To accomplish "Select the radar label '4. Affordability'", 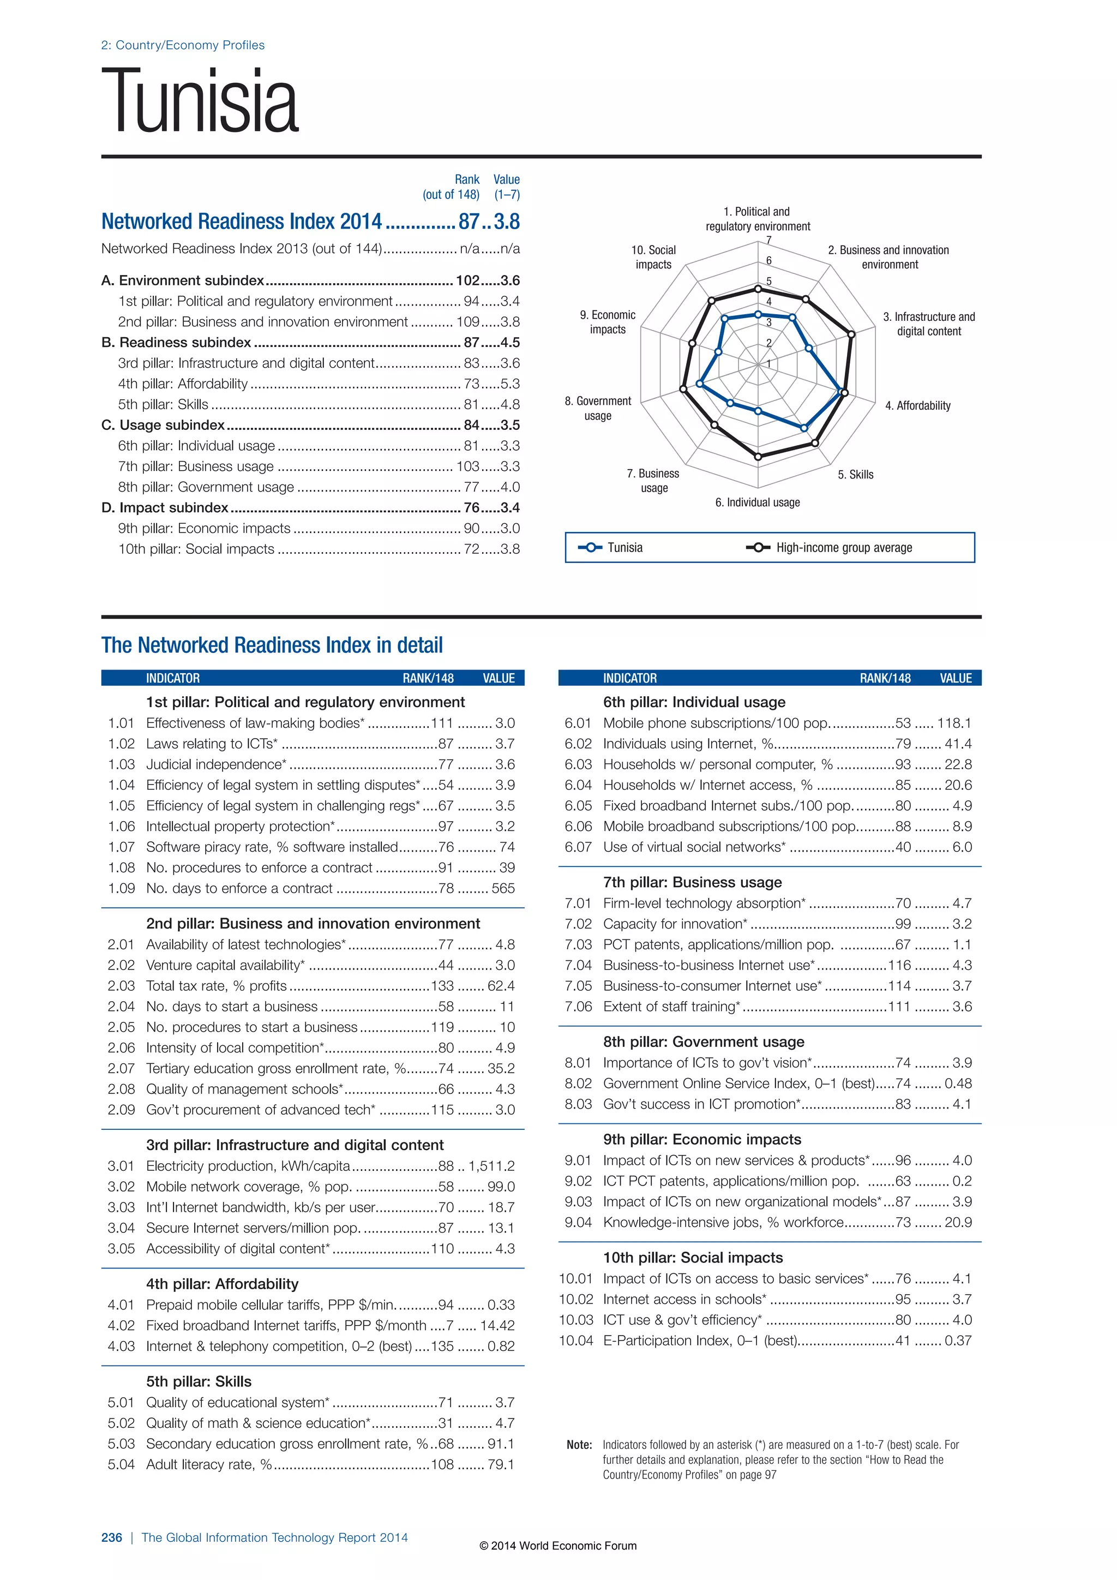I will tap(917, 405).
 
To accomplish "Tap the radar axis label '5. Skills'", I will tap(855, 474).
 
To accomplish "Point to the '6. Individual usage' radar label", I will tap(757, 502).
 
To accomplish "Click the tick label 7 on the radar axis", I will tap(769, 240).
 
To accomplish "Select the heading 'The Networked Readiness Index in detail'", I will tap(272, 645).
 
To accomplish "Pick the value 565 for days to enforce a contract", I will tap(503, 888).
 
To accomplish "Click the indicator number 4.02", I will tap(121, 1325).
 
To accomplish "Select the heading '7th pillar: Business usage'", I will tap(692, 882).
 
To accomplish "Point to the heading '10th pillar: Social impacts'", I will tap(693, 1258).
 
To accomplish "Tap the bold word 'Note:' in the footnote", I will tap(579, 1445).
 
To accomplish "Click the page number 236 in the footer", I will tap(111, 1537).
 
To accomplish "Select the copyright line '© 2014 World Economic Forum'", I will tap(558, 1546).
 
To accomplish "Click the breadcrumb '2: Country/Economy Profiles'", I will tap(182, 45).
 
